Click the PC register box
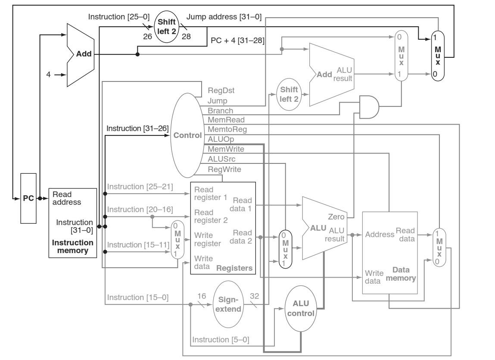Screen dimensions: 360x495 pyautogui.click(x=29, y=198)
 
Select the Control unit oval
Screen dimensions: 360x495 pyautogui.click(x=187, y=135)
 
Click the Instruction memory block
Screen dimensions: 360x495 pyautogui.click(x=73, y=222)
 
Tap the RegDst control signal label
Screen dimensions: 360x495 pyautogui.click(x=220, y=91)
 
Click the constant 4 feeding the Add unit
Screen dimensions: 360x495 pyautogui.click(x=49, y=74)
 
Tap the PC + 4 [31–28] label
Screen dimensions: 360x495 pyautogui.click(x=237, y=40)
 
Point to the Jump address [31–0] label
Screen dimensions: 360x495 pyautogui.click(x=224, y=17)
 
